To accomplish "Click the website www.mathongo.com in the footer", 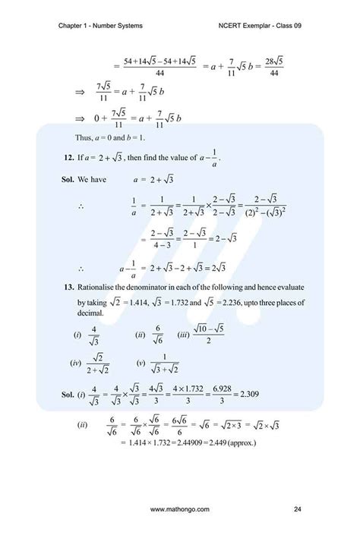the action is coord(180,508).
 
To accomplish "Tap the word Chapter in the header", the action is coord(72,28).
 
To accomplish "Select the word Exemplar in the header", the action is coord(265,28).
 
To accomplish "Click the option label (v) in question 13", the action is coord(141,363).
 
